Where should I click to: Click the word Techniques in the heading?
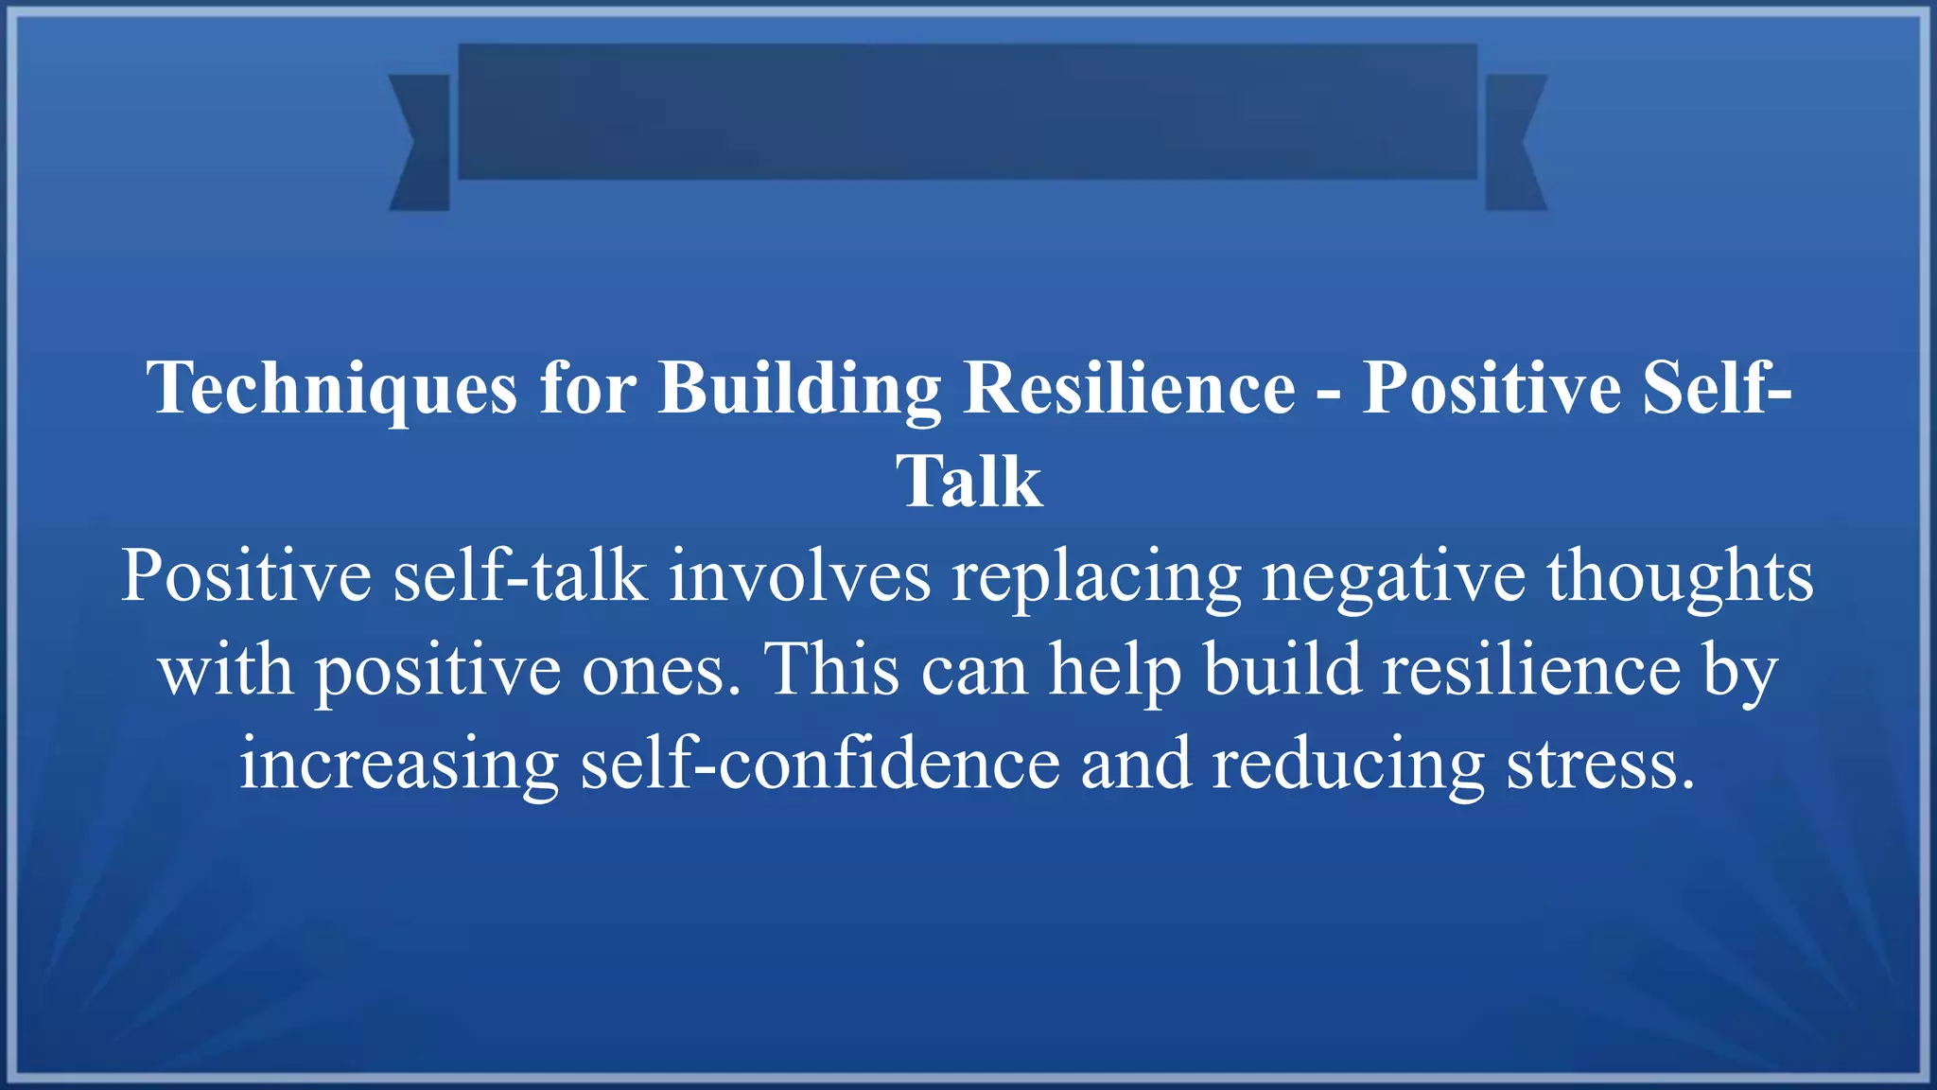coord(332,388)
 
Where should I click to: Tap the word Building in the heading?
coord(799,388)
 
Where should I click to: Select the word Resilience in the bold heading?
coord(1129,388)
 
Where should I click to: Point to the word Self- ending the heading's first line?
coord(1717,388)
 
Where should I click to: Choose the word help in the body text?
coord(1115,670)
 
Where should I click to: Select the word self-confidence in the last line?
coord(820,763)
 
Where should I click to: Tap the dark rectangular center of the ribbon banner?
coord(968,111)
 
